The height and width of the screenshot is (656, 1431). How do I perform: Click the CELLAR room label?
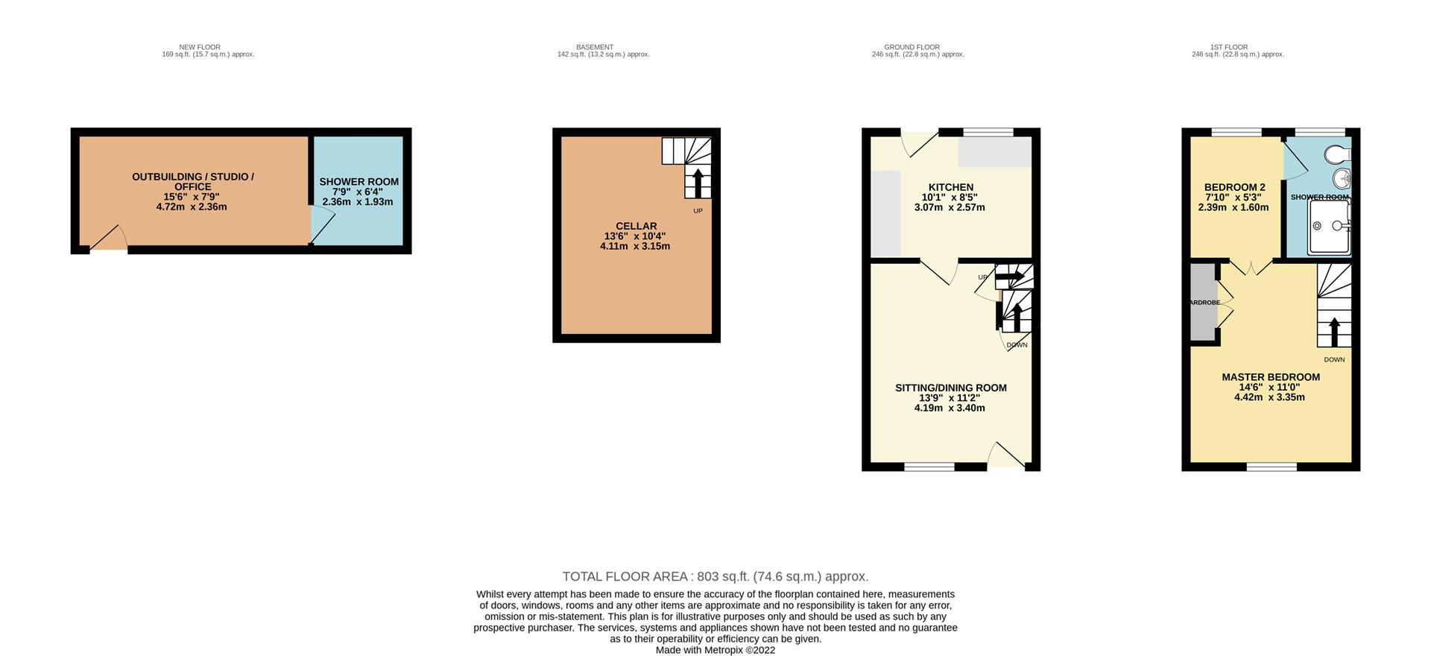pyautogui.click(x=636, y=226)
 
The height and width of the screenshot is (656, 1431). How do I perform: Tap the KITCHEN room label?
pyautogui.click(x=950, y=187)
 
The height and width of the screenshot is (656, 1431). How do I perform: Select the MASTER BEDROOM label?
pyautogui.click(x=1271, y=377)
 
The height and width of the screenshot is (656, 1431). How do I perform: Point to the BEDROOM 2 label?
pyautogui.click(x=1234, y=187)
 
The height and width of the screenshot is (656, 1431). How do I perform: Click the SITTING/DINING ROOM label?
pyautogui.click(x=950, y=388)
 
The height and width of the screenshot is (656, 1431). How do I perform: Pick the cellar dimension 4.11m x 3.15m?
pyautogui.click(x=635, y=246)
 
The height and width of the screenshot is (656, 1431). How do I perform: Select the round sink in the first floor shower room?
pyautogui.click(x=1341, y=179)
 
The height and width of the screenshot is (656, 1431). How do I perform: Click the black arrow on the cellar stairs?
pyautogui.click(x=698, y=183)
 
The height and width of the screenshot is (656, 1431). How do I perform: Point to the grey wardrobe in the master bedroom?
pyautogui.click(x=1204, y=302)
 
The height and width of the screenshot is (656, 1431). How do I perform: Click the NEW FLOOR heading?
pyautogui.click(x=200, y=47)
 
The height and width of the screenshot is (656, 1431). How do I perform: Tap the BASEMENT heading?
pyautogui.click(x=595, y=47)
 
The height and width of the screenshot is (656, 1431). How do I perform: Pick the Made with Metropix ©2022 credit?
pyautogui.click(x=715, y=650)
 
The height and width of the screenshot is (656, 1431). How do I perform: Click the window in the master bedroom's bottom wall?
pyautogui.click(x=1272, y=467)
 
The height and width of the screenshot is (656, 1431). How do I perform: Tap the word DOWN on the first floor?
pyautogui.click(x=1334, y=359)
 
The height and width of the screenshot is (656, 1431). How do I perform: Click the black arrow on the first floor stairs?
pyautogui.click(x=1334, y=332)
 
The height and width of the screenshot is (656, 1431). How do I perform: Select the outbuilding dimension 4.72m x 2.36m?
pyautogui.click(x=192, y=206)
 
